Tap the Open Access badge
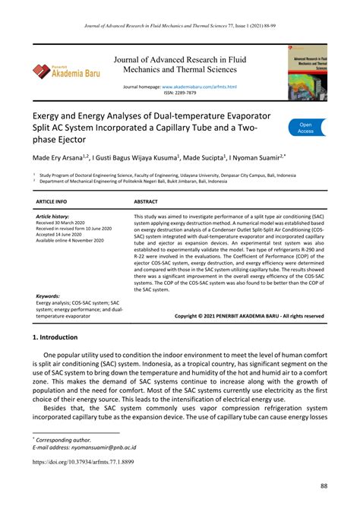[305, 127]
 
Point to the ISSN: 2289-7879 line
[179, 93]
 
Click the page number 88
[324, 485]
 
